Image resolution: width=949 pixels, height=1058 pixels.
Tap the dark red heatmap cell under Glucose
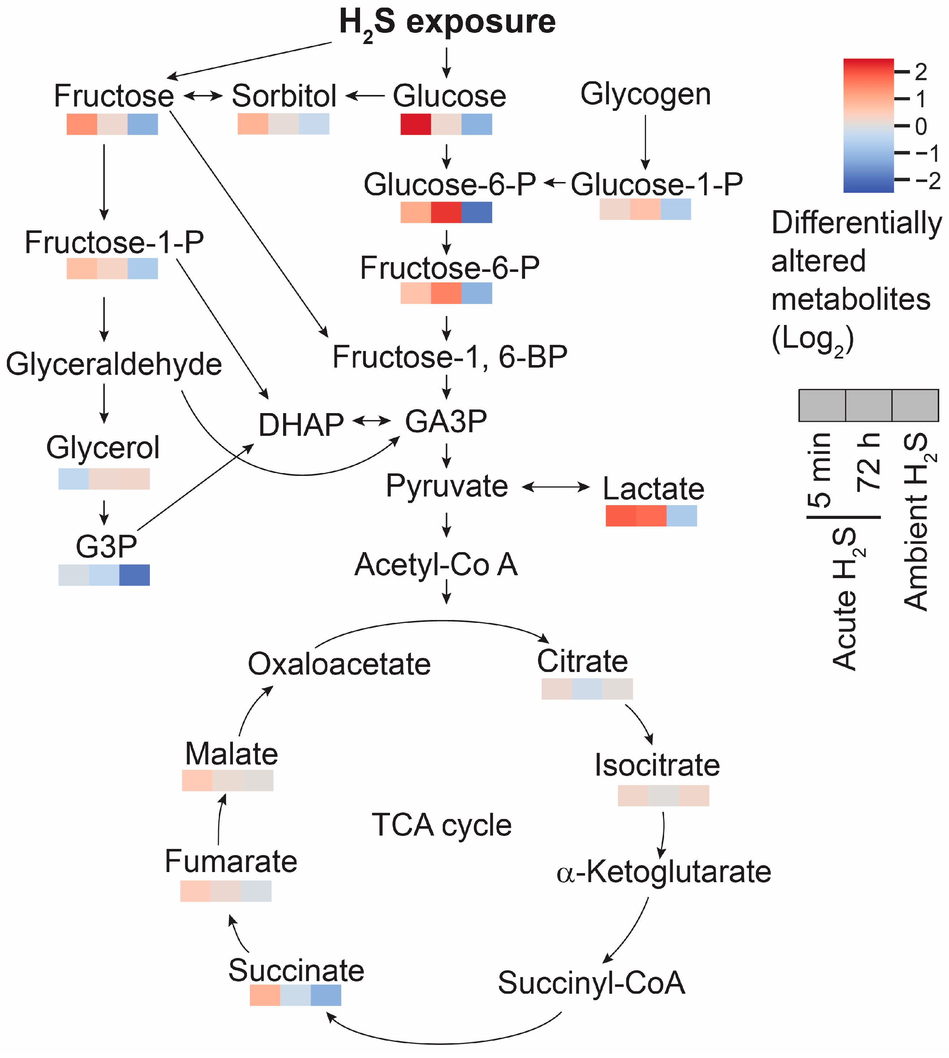[416, 124]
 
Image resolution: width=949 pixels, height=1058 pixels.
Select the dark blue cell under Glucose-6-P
[477, 212]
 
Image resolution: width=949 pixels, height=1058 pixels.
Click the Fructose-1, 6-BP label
[450, 357]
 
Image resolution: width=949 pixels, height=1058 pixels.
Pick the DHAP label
[301, 424]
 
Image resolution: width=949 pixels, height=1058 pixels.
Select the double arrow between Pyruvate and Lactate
[556, 487]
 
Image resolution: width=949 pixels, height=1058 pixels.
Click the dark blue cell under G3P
[135, 574]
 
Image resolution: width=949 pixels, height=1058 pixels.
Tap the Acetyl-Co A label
[436, 565]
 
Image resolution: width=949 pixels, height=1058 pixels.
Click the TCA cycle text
[442, 825]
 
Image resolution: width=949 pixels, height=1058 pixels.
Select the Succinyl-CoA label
[591, 983]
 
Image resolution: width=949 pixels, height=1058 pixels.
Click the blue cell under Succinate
[326, 995]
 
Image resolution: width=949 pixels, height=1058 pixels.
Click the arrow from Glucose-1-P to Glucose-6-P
[554, 183]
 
